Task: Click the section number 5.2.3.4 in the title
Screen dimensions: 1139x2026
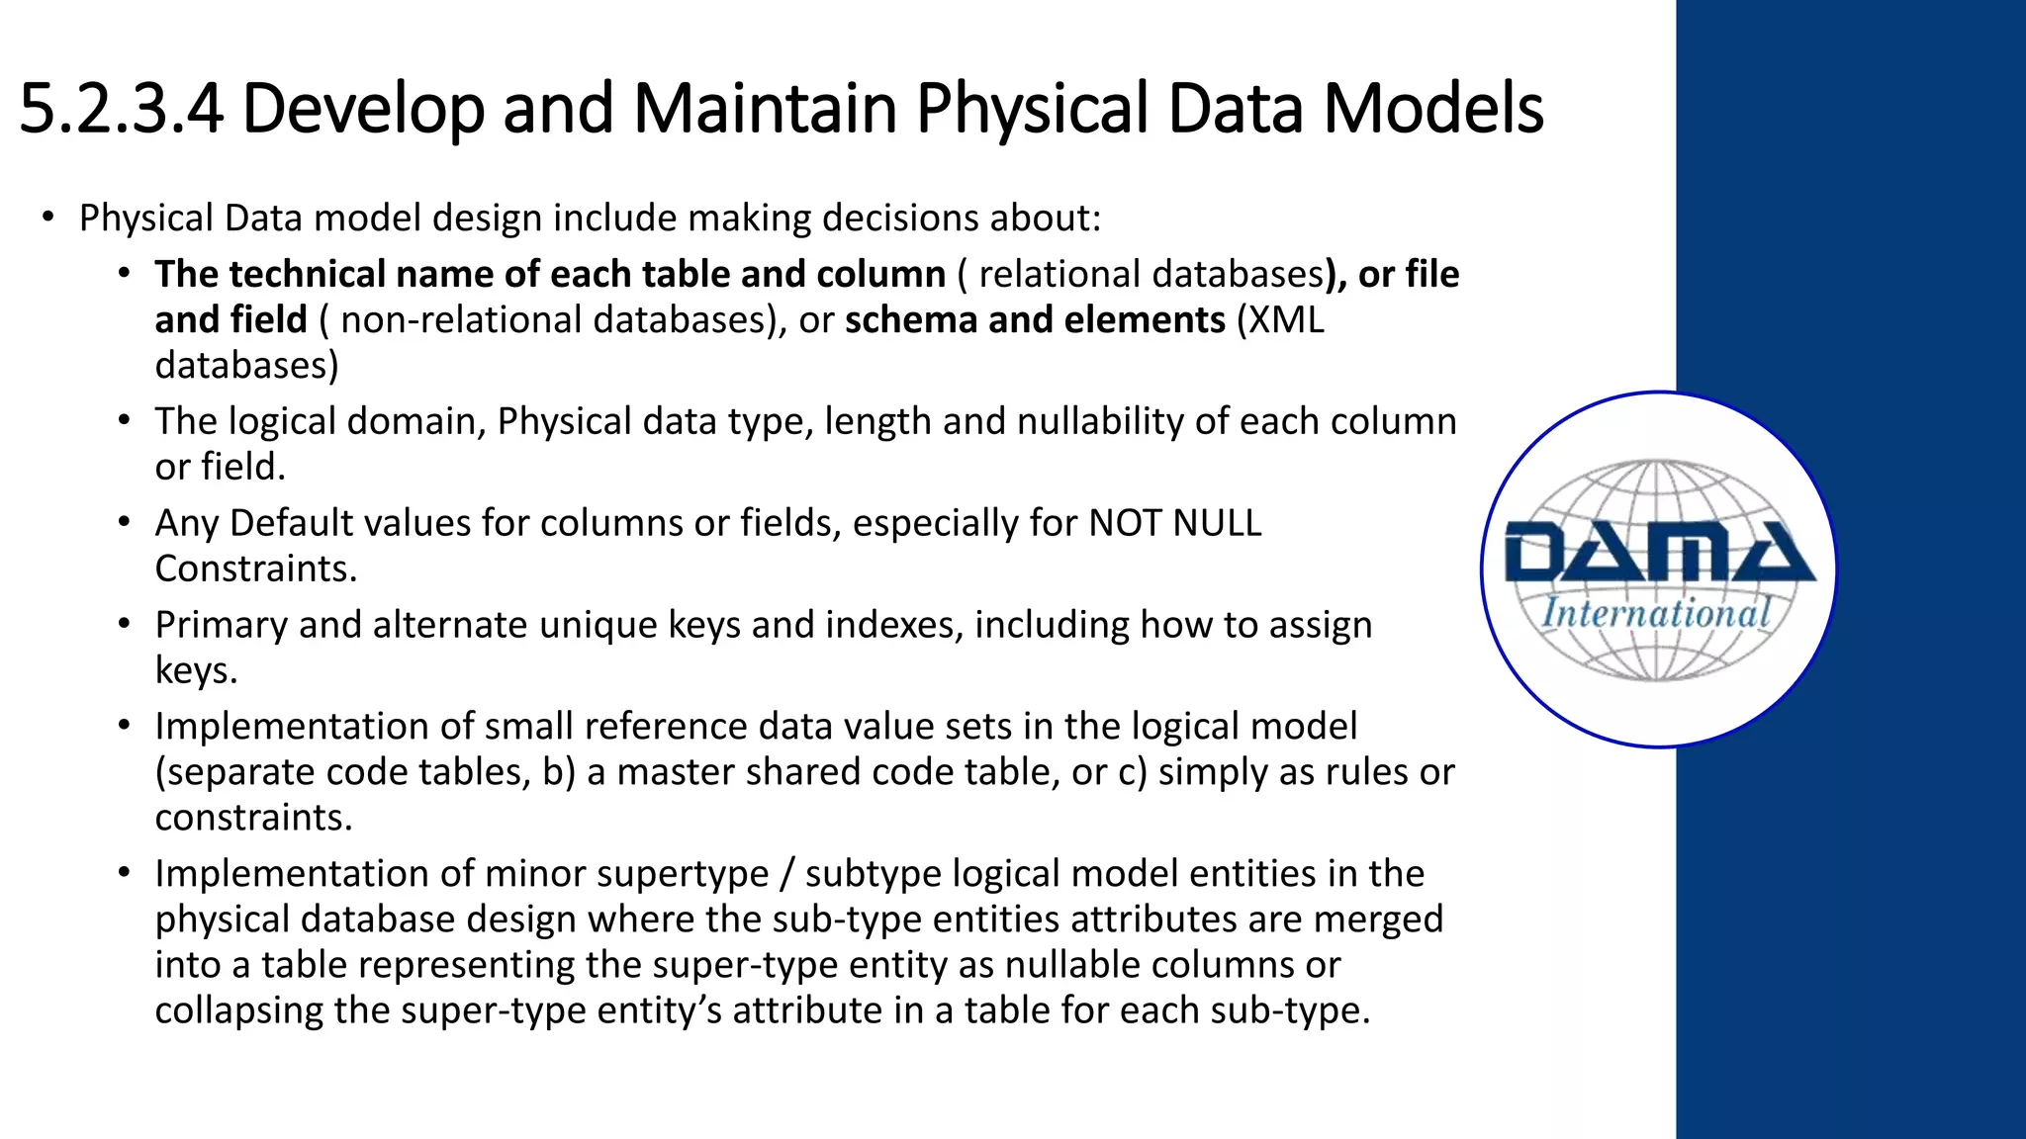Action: point(121,109)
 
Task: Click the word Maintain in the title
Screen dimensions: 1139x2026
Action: point(764,109)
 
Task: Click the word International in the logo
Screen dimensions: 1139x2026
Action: point(1656,614)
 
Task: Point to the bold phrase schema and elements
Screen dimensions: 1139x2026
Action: point(1035,320)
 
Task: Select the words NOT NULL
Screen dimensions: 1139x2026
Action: point(1175,523)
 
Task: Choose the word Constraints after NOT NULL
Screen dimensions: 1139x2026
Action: point(255,569)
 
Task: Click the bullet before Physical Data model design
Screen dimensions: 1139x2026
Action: point(47,218)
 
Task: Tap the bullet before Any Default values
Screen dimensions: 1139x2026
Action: point(124,522)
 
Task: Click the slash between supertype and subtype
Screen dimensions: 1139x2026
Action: point(787,874)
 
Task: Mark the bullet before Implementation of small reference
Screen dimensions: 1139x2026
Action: point(124,726)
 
